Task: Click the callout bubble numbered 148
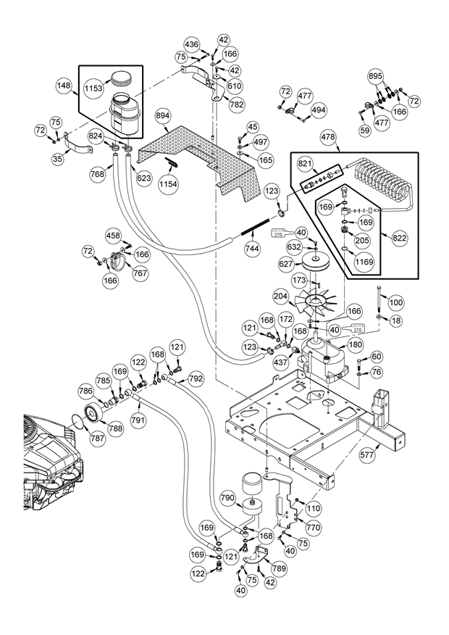tap(64, 86)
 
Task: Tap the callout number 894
tap(161, 115)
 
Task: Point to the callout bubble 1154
tap(167, 185)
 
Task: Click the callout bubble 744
tap(252, 247)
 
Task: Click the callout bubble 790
tap(227, 499)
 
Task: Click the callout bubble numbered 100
tap(396, 302)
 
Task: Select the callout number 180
tap(356, 346)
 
